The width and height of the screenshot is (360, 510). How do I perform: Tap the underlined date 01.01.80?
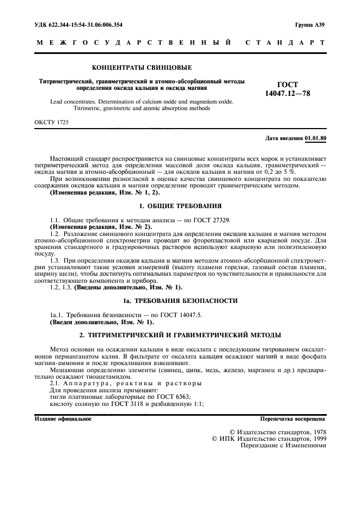316,138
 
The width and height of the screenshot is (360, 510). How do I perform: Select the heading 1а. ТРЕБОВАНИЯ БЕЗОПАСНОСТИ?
180,301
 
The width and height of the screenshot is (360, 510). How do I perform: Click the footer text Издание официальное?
63,419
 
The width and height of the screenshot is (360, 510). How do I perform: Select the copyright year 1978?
316,432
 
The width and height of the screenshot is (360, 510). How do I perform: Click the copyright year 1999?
316,438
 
